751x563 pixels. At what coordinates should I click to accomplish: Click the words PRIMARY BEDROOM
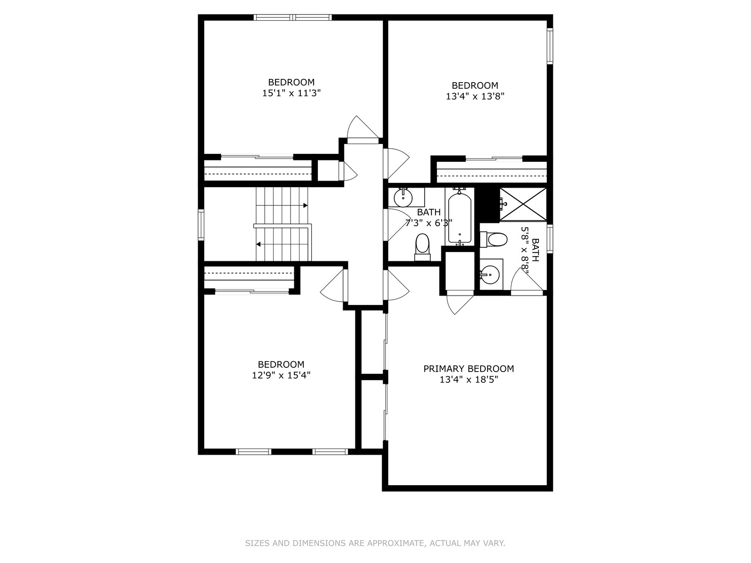point(468,368)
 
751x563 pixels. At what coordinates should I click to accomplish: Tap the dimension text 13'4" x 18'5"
point(468,380)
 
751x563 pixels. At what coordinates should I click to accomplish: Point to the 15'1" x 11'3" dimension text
point(291,93)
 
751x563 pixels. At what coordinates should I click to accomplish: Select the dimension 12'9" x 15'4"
point(281,375)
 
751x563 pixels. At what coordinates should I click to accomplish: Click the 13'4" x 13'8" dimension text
point(475,96)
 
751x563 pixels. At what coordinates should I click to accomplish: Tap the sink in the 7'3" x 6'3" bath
point(403,198)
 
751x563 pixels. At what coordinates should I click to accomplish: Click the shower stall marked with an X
point(523,204)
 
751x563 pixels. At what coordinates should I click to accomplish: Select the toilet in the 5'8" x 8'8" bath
point(494,239)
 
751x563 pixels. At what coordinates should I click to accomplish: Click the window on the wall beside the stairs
point(201,225)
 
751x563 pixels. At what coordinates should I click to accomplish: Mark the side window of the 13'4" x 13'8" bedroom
point(550,46)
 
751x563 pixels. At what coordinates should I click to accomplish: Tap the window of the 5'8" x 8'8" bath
point(550,239)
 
